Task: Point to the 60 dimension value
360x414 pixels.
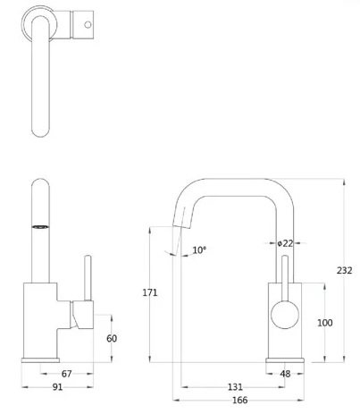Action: tap(112, 338)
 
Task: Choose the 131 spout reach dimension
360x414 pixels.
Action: tap(235, 387)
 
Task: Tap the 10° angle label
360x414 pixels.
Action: tap(198, 250)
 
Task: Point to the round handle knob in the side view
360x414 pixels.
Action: tap(285, 314)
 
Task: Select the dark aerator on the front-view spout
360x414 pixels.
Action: tap(41, 227)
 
